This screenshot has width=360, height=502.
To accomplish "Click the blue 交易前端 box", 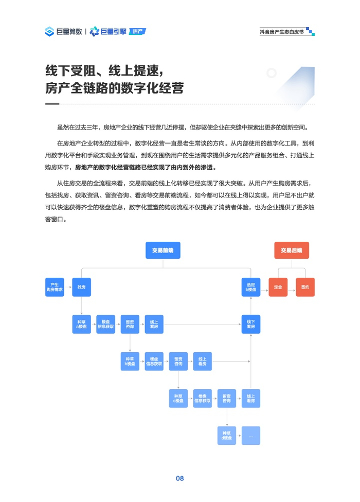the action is pos(163,250).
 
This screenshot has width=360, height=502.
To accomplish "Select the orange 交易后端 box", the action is pos(291,250).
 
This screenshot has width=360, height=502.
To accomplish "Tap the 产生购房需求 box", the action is pos(55,287).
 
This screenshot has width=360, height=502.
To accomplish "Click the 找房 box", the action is pos(81,287).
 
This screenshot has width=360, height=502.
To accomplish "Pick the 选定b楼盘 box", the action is pos(251,287).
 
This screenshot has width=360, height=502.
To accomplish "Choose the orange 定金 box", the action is pos(278,287).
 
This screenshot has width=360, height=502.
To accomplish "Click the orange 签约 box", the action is pos(305,287).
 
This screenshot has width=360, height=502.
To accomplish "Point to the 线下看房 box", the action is pos(251,324).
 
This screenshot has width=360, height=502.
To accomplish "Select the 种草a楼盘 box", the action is pos(81,324).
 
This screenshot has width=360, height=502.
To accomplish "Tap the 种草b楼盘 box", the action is pos(130,361).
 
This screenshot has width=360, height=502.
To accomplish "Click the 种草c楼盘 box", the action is pos(178,399).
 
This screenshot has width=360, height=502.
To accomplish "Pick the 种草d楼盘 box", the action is pos(226,436).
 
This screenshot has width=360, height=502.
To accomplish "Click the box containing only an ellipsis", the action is pos(251,436).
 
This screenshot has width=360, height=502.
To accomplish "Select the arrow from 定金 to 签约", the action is pos(292,287).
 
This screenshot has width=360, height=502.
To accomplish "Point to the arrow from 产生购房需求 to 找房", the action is pos(68,287).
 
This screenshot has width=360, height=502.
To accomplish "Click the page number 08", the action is pos(179,478).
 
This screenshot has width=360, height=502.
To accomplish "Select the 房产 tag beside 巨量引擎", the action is pos(137,31).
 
